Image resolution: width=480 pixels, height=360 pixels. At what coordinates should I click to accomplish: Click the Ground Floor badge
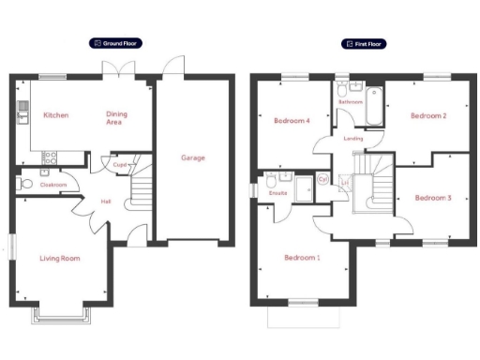pos(115,43)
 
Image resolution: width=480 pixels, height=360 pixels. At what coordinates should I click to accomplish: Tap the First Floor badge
pos(364,43)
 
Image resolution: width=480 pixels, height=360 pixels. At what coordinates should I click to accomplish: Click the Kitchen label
pos(55,115)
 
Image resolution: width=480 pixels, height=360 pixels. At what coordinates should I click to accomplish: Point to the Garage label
pos(193,157)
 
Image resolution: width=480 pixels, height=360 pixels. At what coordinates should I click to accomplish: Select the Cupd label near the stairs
pos(119,165)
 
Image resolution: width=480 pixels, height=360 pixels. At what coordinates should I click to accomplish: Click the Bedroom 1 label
pos(302,257)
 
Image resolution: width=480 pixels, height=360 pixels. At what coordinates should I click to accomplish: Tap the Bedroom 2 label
pos(427,116)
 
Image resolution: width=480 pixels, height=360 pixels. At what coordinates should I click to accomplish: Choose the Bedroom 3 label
pos(433,198)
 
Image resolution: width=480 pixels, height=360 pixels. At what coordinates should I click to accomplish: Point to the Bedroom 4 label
pos(292,121)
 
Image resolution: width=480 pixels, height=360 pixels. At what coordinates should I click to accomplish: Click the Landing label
pos(353,138)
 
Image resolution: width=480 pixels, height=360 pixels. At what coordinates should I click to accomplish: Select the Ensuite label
pos(277,193)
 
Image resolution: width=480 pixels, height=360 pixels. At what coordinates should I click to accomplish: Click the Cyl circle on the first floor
pos(323,179)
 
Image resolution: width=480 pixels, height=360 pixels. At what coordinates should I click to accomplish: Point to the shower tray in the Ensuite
pos(304,187)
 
